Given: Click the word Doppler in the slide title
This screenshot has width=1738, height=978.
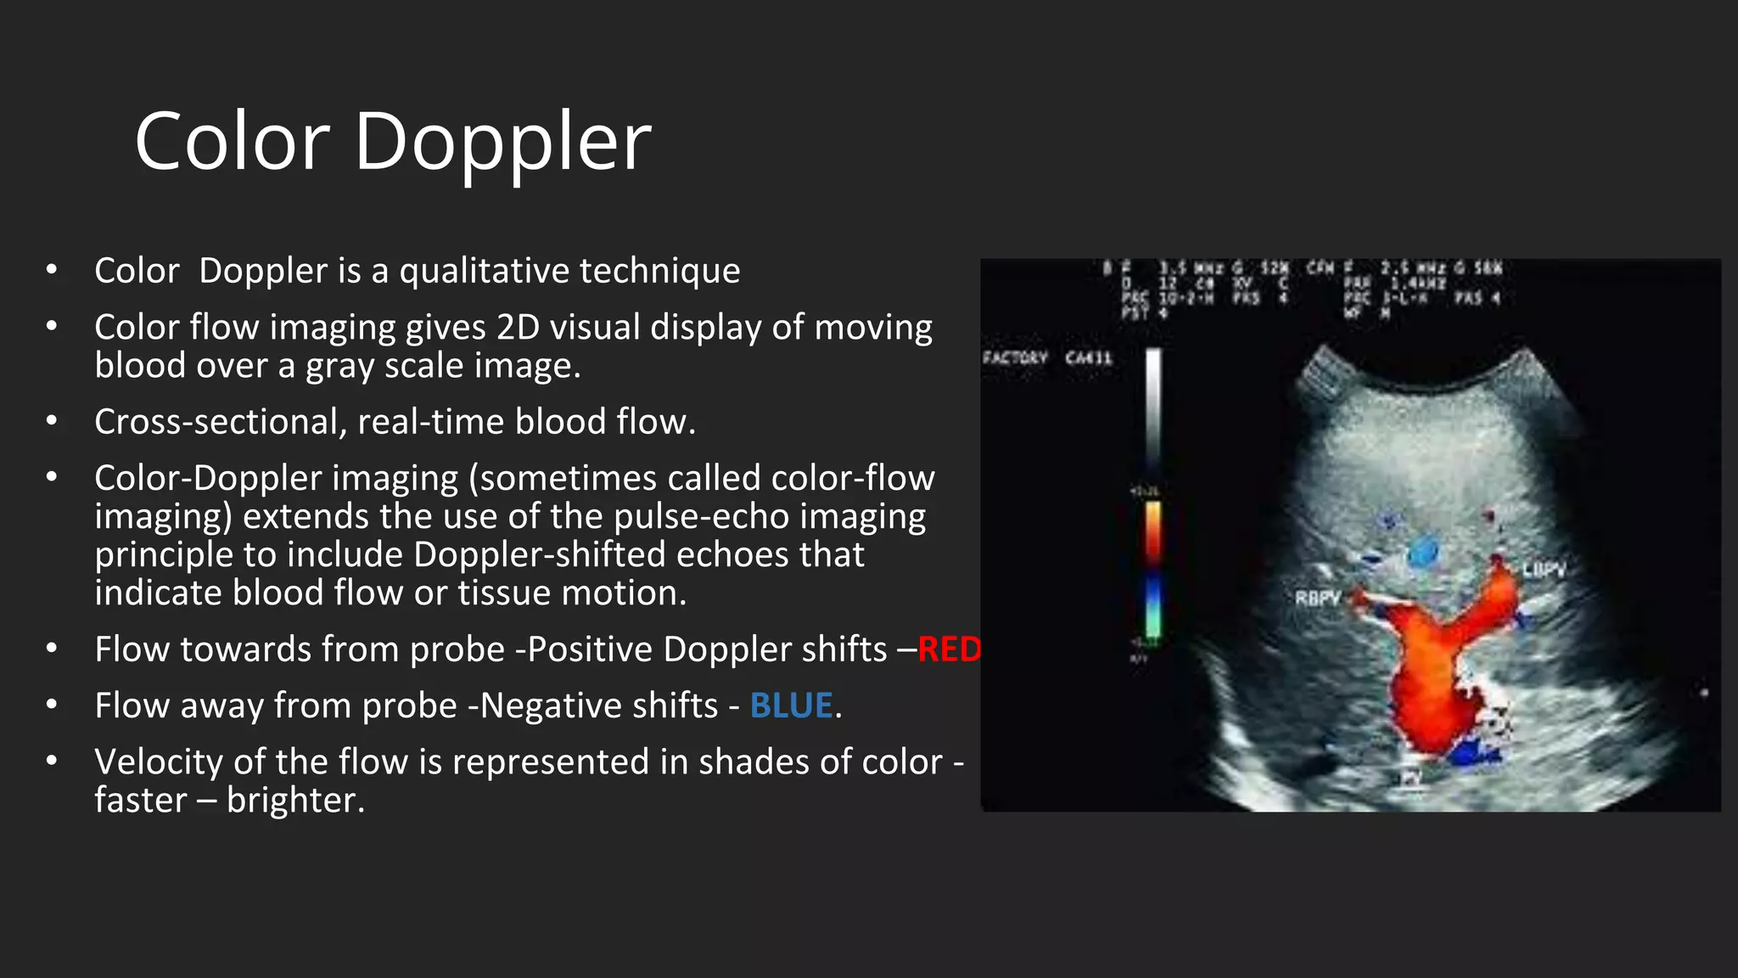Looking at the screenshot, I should [x=502, y=143].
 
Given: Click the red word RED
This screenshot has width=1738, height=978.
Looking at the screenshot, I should [x=950, y=649].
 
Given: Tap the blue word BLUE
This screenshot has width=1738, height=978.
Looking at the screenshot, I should [x=791, y=705].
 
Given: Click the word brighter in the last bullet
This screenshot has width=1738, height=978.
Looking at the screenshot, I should [x=295, y=800].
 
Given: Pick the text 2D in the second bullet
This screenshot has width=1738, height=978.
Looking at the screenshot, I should [x=519, y=328].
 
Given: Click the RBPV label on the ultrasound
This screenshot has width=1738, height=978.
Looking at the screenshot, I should [x=1317, y=599].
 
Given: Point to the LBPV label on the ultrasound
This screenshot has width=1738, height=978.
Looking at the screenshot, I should [x=1543, y=570].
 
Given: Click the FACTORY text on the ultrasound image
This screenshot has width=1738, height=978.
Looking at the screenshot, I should [x=1015, y=357].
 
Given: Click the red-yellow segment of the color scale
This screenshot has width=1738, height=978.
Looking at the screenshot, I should [x=1153, y=531].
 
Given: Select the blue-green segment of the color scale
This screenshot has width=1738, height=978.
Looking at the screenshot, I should [x=1153, y=607].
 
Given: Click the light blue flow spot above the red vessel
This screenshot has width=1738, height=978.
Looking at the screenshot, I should [x=1423, y=552].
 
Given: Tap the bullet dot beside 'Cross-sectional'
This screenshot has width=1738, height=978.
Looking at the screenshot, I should [x=52, y=421].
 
